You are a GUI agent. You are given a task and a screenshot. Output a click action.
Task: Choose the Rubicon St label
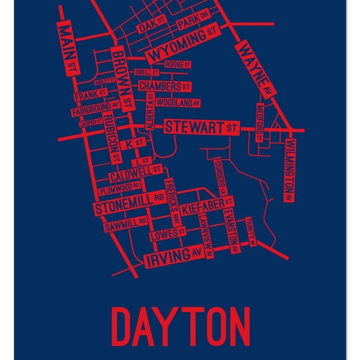click(112, 139)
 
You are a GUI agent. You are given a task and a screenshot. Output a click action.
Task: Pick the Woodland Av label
click(178, 103)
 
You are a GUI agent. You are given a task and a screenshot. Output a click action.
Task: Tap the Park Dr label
click(194, 23)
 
